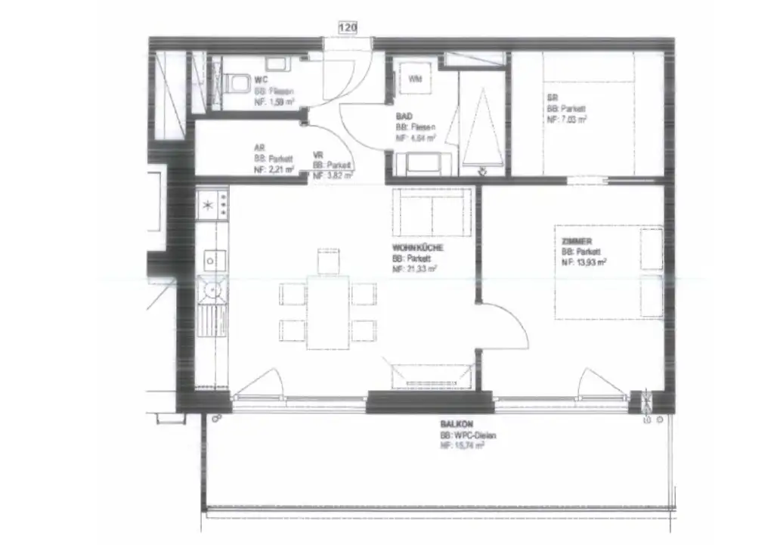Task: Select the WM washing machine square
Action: pos(415,79)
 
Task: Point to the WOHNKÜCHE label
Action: pos(417,248)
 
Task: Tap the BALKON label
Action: pos(454,426)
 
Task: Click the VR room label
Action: pos(317,155)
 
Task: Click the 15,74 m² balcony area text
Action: pos(462,447)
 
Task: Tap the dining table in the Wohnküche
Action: pos(327,311)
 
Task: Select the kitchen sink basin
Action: pos(212,290)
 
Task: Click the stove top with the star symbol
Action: pos(212,203)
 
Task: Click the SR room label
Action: pos(552,98)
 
